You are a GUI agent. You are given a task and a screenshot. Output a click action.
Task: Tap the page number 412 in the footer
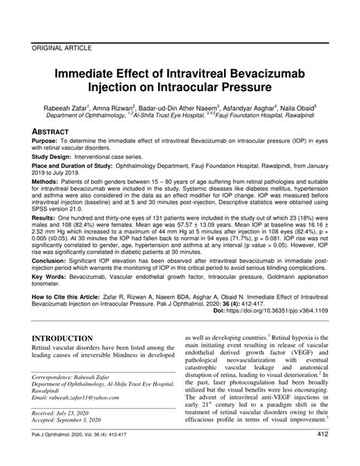(321, 455)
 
